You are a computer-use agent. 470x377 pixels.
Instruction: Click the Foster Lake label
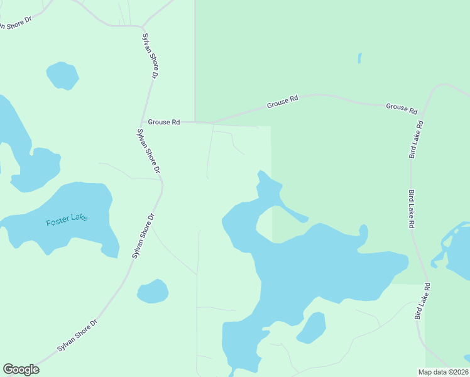(x=67, y=220)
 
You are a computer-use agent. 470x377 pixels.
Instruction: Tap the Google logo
(x=21, y=369)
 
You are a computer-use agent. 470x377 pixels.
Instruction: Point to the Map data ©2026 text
(x=443, y=372)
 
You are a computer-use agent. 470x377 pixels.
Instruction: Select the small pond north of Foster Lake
(x=62, y=75)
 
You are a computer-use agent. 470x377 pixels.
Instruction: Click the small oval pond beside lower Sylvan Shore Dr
(x=153, y=292)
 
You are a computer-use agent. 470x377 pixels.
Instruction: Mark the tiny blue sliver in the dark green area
(x=359, y=58)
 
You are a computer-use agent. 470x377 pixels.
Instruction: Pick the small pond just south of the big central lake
(x=312, y=328)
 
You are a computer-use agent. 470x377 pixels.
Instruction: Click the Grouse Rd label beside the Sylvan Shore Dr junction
(x=164, y=122)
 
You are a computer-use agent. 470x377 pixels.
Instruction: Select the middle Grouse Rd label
(x=282, y=101)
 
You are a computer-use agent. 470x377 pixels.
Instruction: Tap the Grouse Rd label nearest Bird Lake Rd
(x=402, y=108)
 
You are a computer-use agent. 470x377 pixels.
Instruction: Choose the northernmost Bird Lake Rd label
(x=417, y=140)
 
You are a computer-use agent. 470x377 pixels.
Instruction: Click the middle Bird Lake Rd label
(x=412, y=209)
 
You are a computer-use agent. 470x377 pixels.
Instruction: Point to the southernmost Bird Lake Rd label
(x=422, y=302)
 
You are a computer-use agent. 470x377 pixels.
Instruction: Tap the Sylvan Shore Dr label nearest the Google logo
(x=77, y=336)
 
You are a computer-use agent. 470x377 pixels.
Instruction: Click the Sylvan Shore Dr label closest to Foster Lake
(x=143, y=236)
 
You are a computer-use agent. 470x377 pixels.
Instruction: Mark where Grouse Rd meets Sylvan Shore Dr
(x=144, y=121)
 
